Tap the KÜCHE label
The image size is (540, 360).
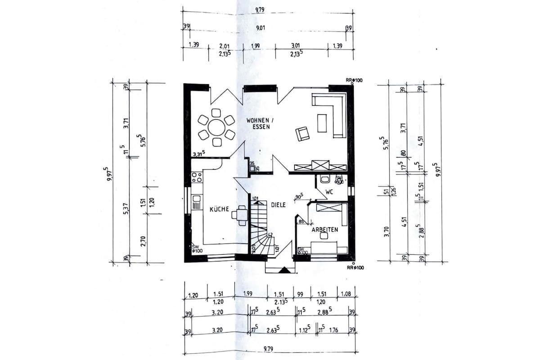point(220,209)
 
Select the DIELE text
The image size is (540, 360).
point(278,205)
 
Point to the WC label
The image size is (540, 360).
point(329,192)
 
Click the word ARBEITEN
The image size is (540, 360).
point(325,229)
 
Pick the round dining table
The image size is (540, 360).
point(216,127)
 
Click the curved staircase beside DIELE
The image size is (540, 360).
point(260,227)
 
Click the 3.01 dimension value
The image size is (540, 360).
point(295,45)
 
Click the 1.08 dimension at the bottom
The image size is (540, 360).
point(346,295)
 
